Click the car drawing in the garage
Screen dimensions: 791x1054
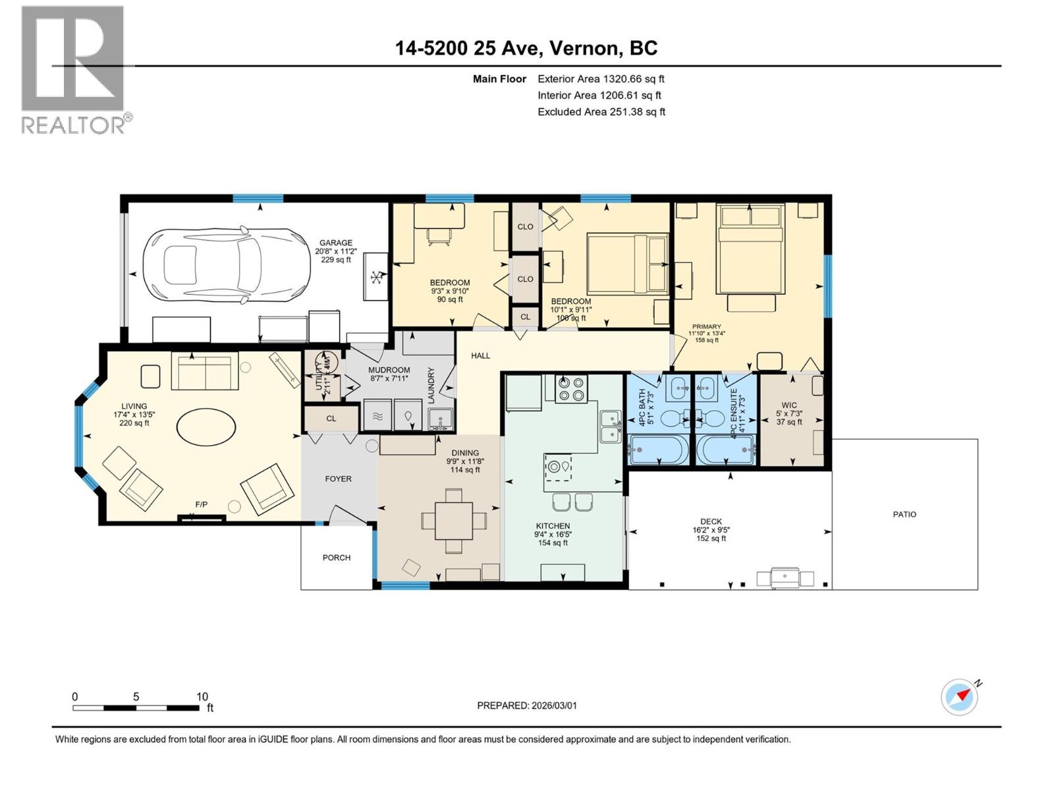(227, 266)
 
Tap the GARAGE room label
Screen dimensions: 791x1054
(336, 243)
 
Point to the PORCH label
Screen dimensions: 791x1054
(337, 558)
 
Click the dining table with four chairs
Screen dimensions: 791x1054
(454, 521)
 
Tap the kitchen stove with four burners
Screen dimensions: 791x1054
(570, 388)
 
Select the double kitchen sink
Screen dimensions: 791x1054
(610, 426)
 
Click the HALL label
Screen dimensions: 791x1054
(480, 356)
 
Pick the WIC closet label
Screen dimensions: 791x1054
(789, 405)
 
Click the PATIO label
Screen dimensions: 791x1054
(904, 514)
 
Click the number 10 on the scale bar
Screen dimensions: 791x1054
(202, 697)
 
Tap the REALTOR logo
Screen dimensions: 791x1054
(74, 69)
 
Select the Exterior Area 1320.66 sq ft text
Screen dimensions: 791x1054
(601, 78)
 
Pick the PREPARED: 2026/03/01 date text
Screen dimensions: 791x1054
(526, 705)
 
